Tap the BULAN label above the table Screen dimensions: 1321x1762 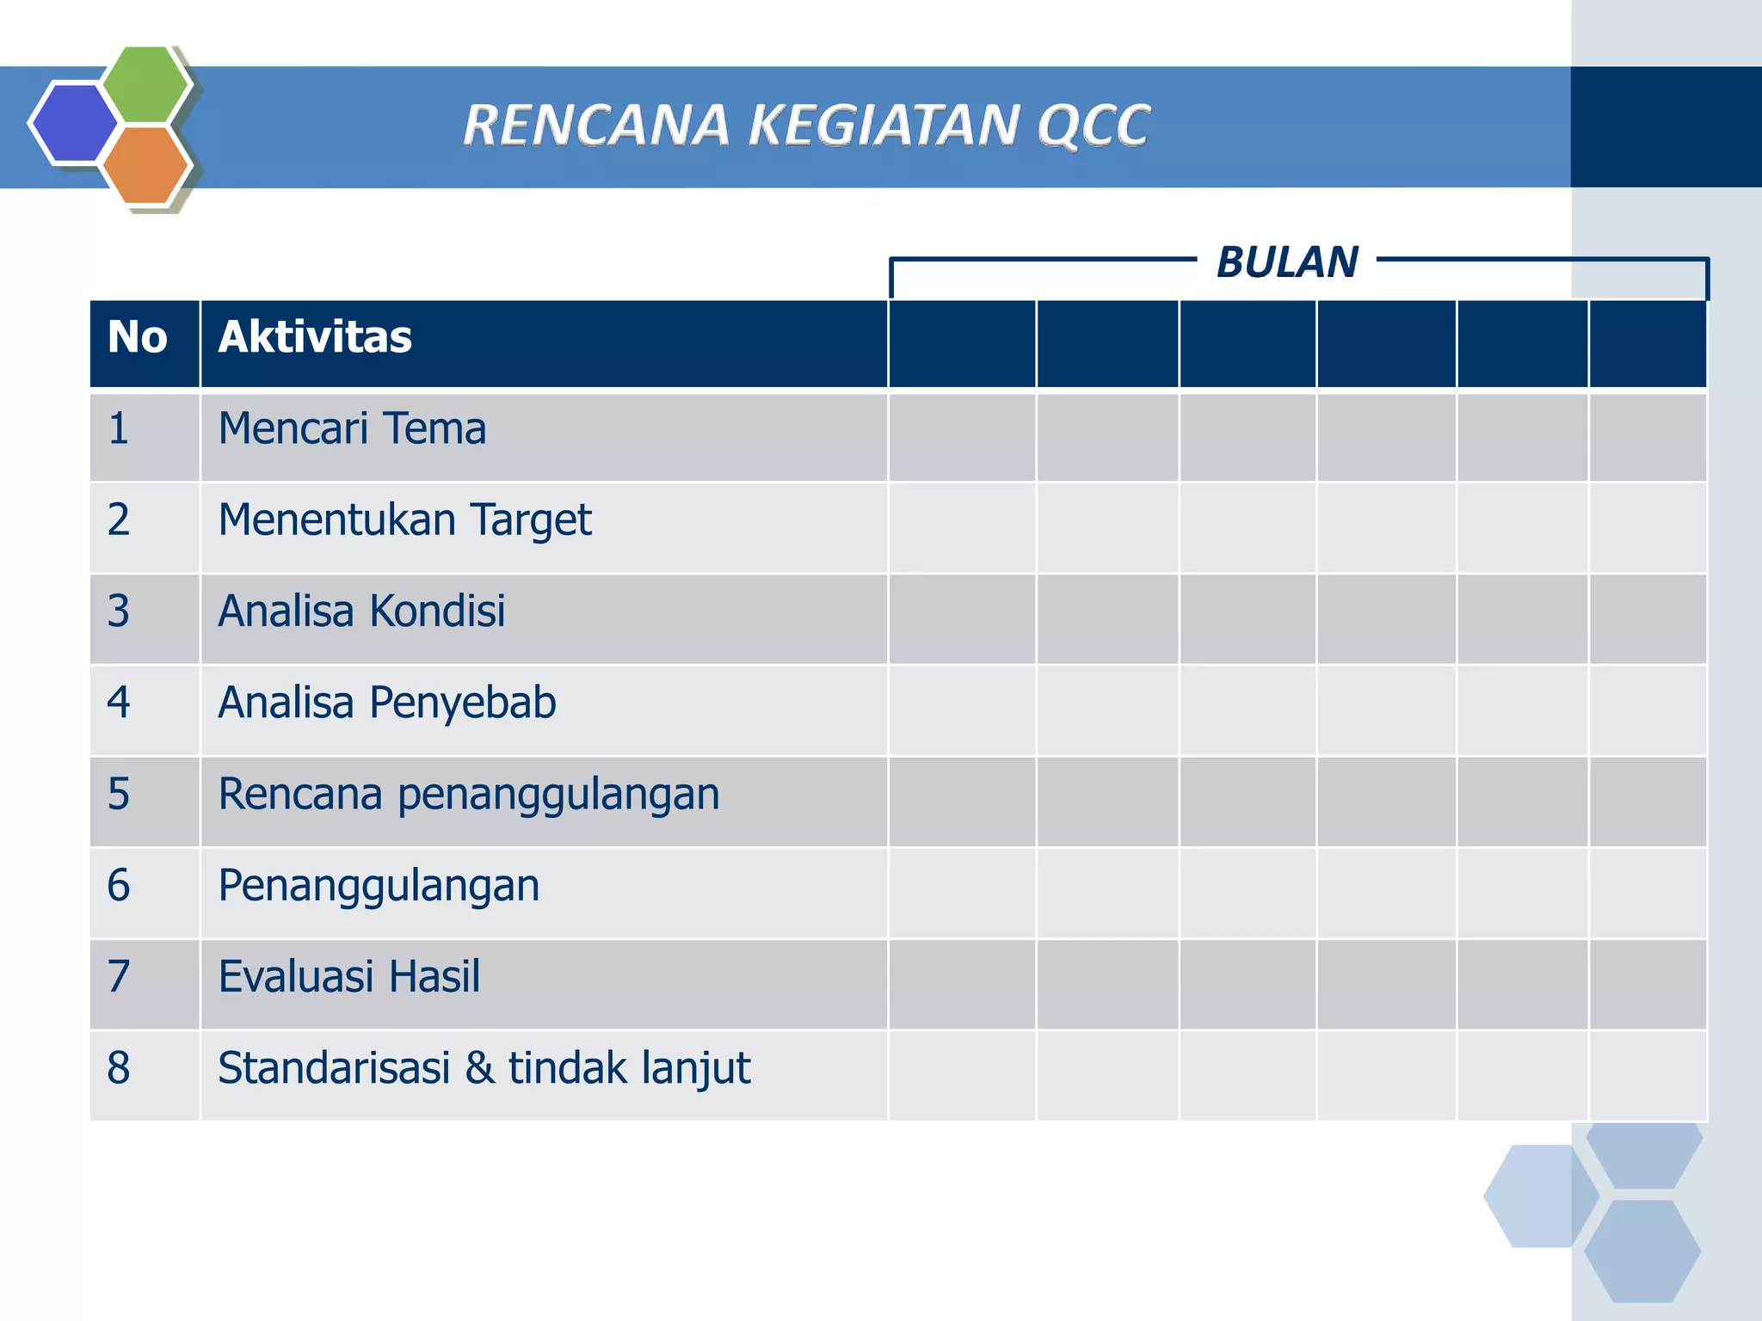pyautogui.click(x=1287, y=262)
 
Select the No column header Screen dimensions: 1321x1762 pyautogui.click(x=137, y=337)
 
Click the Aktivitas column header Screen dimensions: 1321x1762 pyautogui.click(x=315, y=337)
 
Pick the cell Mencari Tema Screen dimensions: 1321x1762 pyautogui.click(x=352, y=428)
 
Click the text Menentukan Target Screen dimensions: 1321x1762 pyautogui.click(x=404, y=520)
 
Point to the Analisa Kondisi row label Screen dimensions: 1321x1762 pyautogui.click(x=361, y=611)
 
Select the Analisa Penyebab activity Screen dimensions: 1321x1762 pyautogui.click(x=387, y=703)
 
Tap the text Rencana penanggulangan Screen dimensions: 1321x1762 pyautogui.click(x=468, y=794)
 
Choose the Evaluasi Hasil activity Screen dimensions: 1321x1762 pyautogui.click(x=348, y=977)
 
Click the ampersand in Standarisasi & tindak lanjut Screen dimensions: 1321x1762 pyautogui.click(x=479, y=1068)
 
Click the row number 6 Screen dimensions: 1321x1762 pyautogui.click(x=119, y=886)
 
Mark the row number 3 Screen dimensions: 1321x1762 pyautogui.click(x=119, y=611)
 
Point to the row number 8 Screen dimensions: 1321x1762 pyautogui.click(x=119, y=1068)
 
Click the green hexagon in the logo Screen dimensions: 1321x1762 pyautogui.click(x=146, y=83)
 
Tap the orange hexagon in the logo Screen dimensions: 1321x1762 pyautogui.click(x=146, y=165)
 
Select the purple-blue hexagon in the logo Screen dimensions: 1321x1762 pyautogui.click(x=73, y=122)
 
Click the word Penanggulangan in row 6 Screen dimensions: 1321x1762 pyautogui.click(x=379, y=886)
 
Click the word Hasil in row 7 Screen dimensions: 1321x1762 pyautogui.click(x=434, y=977)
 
